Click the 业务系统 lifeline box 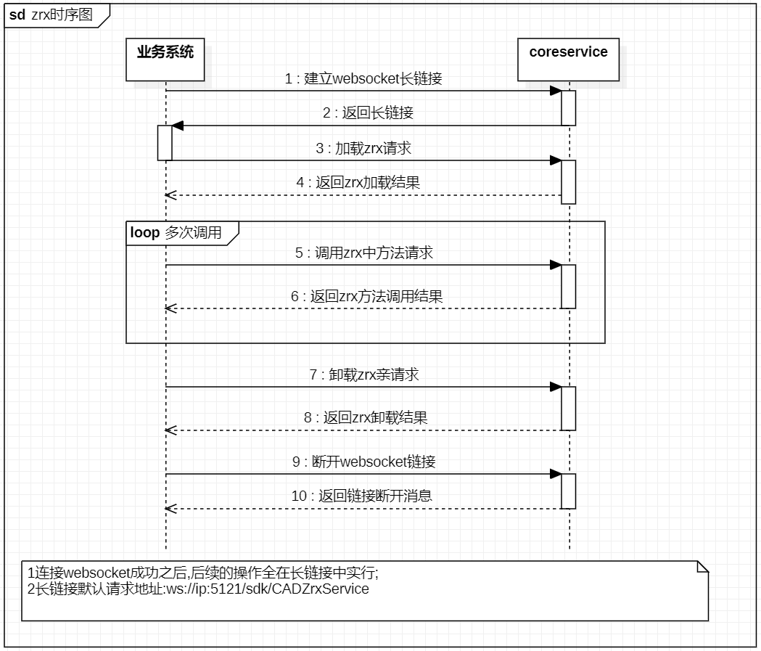165,60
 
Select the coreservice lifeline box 568,60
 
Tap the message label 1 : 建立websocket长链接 363,78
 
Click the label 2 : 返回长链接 368,112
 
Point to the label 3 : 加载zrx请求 363,148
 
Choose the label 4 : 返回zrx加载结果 358,183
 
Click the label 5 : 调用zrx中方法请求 364,253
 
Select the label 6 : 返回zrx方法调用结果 367,296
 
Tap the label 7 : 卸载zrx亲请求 364,374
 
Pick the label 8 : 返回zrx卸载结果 366,417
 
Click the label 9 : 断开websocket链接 364,461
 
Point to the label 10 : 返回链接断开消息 361,496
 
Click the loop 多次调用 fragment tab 183,234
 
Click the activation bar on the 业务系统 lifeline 165,143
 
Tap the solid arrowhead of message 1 556,91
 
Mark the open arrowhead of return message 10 170,509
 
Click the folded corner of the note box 703,567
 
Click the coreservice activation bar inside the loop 568,287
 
